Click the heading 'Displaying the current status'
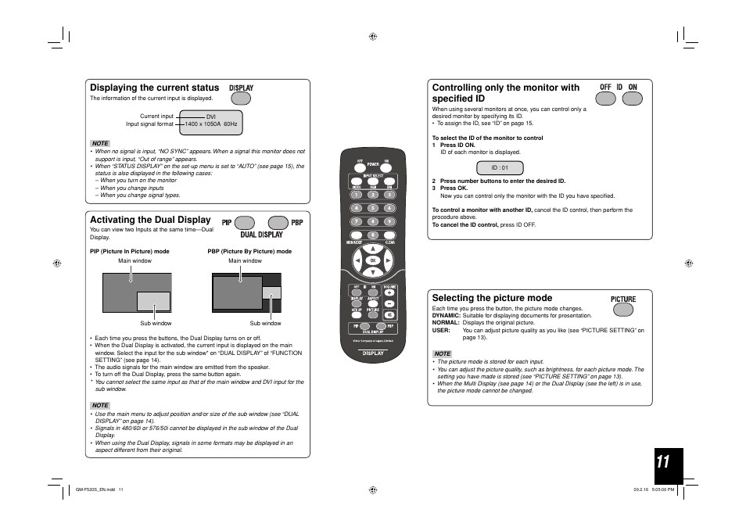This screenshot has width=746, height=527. point(154,88)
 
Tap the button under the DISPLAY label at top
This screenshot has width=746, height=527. point(241,99)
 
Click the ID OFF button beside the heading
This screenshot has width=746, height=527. point(605,99)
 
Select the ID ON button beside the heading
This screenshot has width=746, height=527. point(632,99)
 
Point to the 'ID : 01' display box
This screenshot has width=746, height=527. point(500,167)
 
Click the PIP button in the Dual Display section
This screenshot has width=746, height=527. point(245,223)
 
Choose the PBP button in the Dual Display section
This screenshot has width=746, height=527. point(278,223)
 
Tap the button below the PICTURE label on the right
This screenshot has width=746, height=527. point(623,310)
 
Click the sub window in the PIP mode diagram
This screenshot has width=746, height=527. point(153,301)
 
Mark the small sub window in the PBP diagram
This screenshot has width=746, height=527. point(271,292)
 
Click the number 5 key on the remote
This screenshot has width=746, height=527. point(373,208)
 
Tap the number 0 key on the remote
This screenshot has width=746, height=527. point(373,235)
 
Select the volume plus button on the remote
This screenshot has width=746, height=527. point(389,292)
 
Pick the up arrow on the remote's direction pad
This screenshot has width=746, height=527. point(373,246)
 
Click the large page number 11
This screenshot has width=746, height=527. point(663,463)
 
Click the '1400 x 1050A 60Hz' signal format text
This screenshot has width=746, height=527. point(211,124)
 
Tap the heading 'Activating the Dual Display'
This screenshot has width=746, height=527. point(150,220)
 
